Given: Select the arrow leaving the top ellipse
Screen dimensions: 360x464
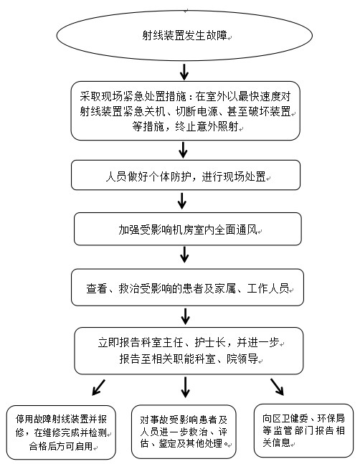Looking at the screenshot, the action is click(184, 72).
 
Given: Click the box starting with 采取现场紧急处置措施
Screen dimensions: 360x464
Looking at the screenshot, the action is click(186, 110).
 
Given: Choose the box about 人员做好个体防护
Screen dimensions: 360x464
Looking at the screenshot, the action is click(186, 175).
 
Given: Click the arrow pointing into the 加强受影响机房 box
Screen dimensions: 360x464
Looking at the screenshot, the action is click(182, 201).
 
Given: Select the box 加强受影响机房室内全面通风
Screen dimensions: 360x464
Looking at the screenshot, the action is click(188, 229).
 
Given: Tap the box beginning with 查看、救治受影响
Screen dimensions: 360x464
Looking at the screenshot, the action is click(187, 288).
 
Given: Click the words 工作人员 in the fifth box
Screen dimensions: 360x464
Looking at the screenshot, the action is click(267, 288).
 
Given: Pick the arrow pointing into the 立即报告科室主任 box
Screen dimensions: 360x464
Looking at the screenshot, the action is click(186, 316).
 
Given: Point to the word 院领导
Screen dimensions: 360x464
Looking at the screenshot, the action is click(242, 359).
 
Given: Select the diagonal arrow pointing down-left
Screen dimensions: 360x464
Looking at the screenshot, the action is click(98, 387).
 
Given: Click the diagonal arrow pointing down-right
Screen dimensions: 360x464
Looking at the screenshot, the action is click(277, 387).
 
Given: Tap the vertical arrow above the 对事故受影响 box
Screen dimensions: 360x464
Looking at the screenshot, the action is click(185, 387).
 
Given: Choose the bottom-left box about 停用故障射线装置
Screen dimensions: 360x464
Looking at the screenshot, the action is click(61, 432).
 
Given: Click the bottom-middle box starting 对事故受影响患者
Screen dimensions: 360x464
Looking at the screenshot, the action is click(184, 432).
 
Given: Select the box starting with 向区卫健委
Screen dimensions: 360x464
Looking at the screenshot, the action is click(303, 430).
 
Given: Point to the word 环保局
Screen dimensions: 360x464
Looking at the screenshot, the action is click(331, 418).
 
